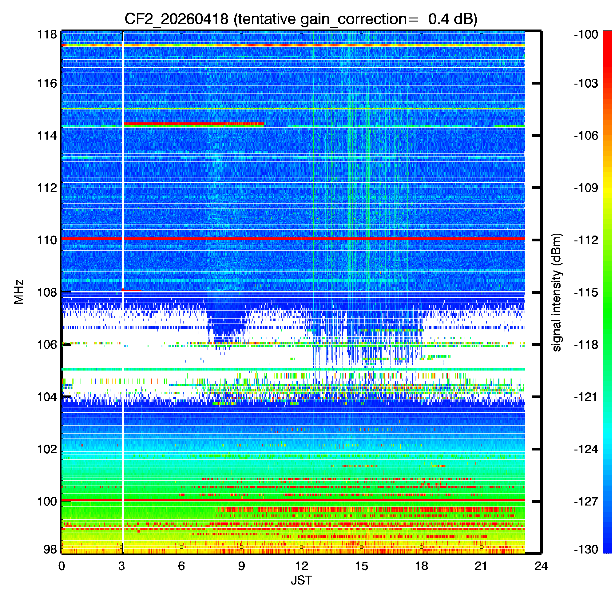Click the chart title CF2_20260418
176,19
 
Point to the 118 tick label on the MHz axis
47,34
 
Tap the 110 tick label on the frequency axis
47,240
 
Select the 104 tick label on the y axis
47,397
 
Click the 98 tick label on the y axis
50,549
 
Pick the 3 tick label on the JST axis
121,566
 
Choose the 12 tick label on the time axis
301,566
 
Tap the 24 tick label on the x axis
541,566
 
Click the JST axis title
301,580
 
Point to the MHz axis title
19,292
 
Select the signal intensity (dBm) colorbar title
557,292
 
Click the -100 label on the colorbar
586,34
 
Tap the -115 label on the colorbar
586,292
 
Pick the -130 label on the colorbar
586,549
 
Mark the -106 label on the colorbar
586,136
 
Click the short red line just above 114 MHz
194,124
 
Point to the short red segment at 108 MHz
132,290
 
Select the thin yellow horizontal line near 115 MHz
293,109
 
